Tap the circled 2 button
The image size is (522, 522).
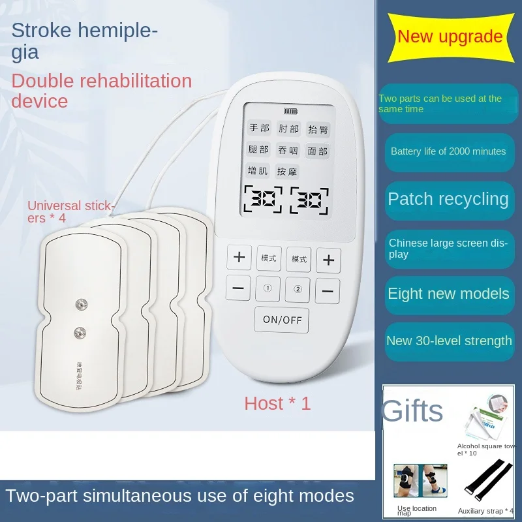click(x=298, y=289)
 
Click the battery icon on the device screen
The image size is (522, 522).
click(x=290, y=111)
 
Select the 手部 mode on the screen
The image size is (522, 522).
click(x=259, y=129)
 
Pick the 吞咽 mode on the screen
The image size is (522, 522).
click(x=288, y=151)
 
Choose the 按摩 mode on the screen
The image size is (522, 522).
click(x=288, y=172)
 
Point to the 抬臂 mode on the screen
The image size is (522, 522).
click(x=318, y=129)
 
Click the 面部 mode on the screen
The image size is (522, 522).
click(x=318, y=151)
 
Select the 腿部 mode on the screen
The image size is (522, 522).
click(x=259, y=150)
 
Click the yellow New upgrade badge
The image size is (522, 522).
click(x=450, y=37)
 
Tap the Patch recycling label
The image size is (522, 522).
click(x=448, y=199)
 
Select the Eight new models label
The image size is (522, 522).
click(x=448, y=294)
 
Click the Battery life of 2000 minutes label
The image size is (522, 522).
click(x=448, y=151)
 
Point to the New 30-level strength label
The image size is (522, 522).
click(x=449, y=341)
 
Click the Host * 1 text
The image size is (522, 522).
click(x=277, y=403)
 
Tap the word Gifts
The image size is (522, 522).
click(x=412, y=412)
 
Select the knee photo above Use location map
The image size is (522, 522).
click(x=420, y=481)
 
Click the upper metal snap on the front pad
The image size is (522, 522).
click(x=82, y=304)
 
